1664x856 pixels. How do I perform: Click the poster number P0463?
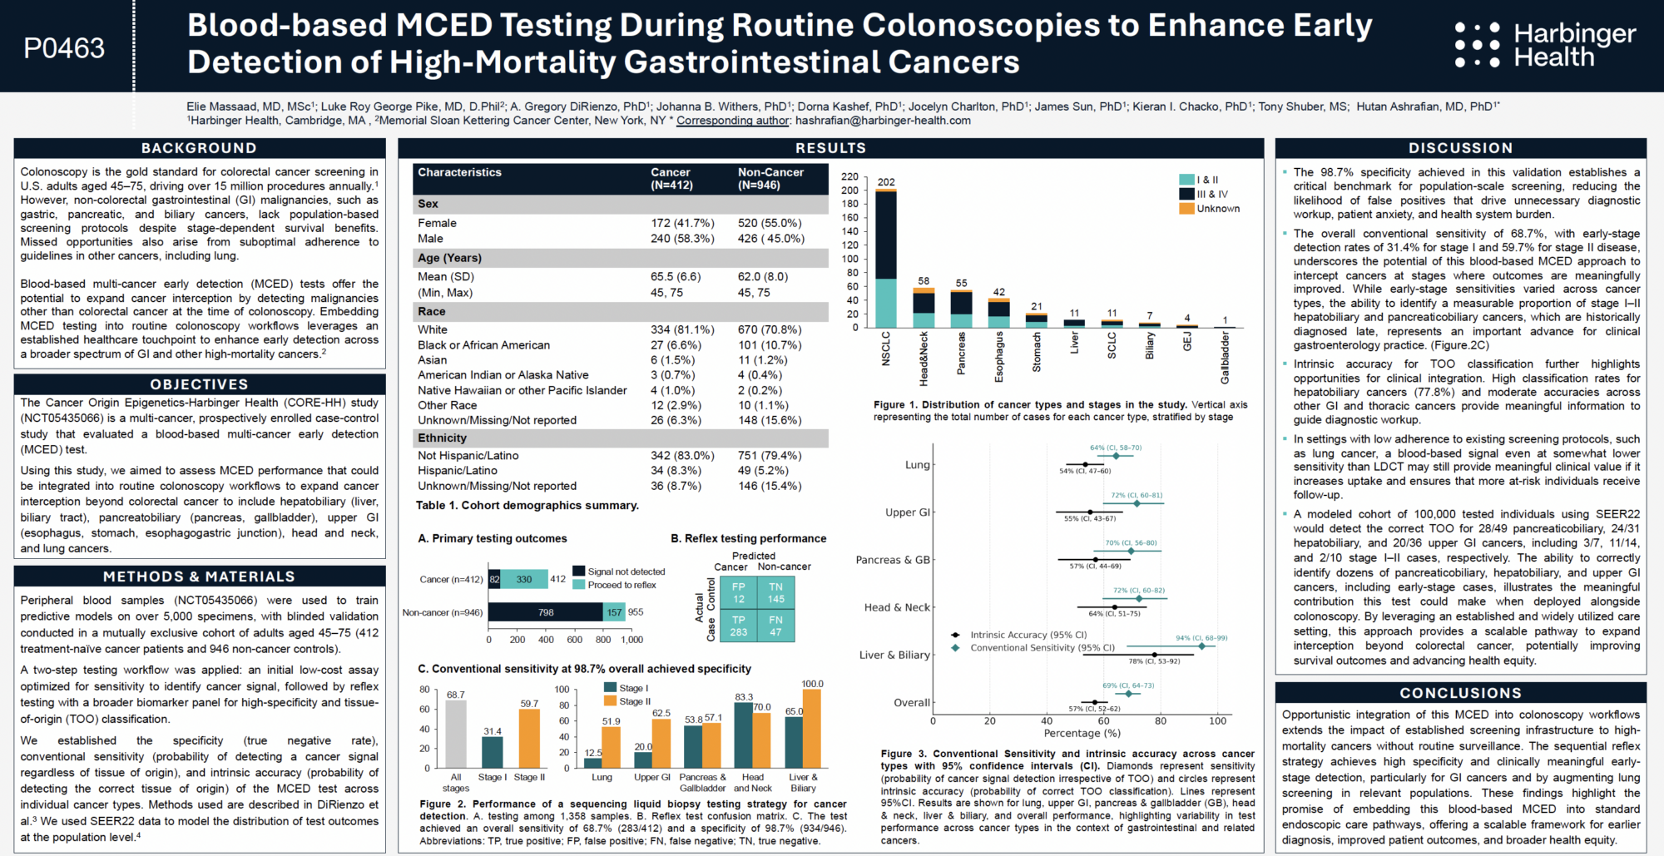click(x=64, y=48)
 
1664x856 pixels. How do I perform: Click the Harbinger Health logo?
click(x=1545, y=45)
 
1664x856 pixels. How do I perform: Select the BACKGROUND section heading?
click(x=199, y=148)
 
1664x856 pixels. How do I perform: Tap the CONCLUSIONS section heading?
click(x=1460, y=693)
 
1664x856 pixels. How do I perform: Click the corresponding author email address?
click(x=883, y=121)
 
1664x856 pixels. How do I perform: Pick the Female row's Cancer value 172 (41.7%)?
click(x=682, y=223)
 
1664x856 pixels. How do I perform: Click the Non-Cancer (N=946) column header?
click(x=770, y=178)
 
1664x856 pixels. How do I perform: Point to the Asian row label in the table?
click(x=433, y=360)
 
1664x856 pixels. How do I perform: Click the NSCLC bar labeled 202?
click(x=886, y=258)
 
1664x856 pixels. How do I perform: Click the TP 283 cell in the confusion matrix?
click(x=738, y=626)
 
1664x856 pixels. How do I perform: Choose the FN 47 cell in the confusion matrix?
click(x=775, y=626)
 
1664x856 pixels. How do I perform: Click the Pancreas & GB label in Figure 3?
click(x=892, y=560)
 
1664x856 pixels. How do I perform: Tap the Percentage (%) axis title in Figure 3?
click(x=1072, y=734)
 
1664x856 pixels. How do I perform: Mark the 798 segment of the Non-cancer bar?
click(x=546, y=612)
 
